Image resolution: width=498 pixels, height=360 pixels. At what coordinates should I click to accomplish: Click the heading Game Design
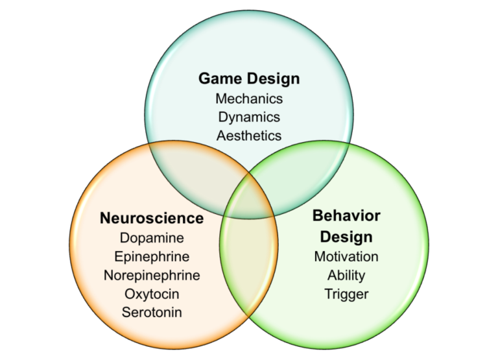[249, 79]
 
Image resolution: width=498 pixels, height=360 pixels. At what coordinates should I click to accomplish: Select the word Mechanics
[249, 99]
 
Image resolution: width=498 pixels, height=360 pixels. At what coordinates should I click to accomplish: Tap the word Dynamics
[249, 117]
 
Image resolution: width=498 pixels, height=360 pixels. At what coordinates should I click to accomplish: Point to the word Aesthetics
[249, 136]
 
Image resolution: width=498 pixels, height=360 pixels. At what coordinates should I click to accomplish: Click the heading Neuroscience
[151, 219]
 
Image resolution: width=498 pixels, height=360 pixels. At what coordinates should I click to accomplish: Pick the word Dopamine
[152, 238]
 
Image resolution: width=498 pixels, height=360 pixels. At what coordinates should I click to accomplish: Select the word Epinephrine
[152, 256]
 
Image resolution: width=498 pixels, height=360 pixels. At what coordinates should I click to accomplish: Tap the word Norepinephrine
[152, 275]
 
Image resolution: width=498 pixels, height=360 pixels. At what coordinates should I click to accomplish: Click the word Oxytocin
[152, 294]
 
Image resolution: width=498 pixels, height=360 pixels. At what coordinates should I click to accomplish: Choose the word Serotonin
[152, 312]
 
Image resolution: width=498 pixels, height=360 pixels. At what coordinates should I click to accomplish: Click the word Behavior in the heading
[346, 215]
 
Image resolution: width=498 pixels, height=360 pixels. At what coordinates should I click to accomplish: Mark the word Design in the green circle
[346, 236]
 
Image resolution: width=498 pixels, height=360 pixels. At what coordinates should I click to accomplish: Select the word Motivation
[346, 256]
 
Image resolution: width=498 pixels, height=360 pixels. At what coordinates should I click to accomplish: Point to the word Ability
[346, 275]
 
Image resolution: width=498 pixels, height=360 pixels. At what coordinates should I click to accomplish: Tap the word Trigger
[346, 294]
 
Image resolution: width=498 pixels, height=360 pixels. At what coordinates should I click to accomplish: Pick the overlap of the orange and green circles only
[249, 259]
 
